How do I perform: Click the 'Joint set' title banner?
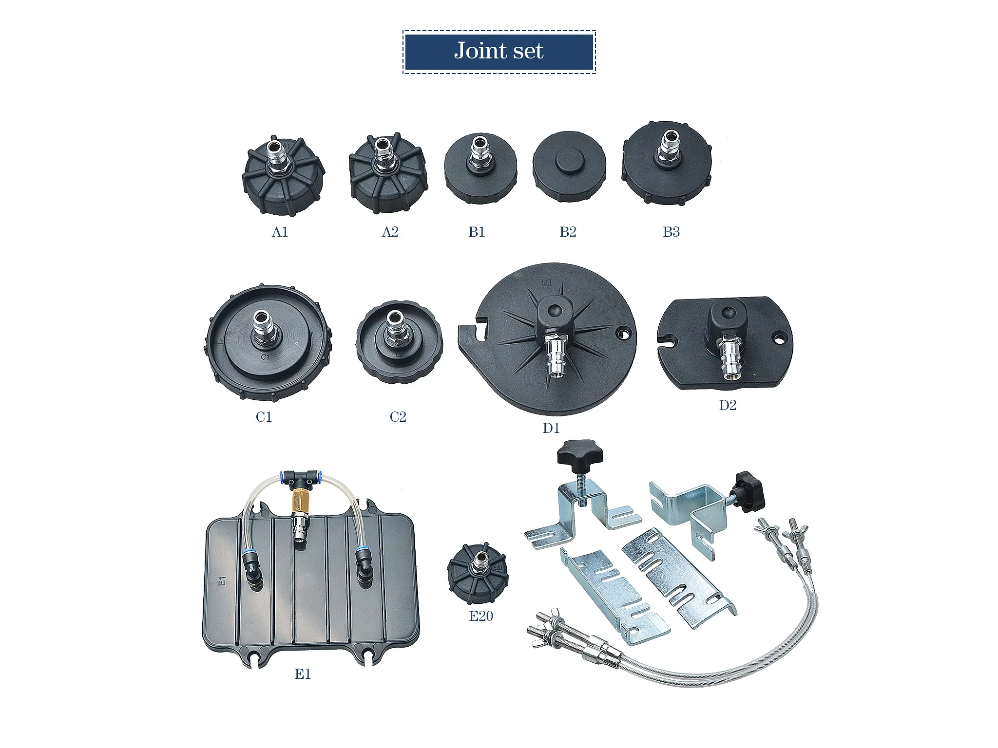pos(499,52)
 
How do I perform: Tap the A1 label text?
pos(280,232)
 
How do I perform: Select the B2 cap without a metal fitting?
pos(569,166)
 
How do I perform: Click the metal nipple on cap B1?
pos(479,153)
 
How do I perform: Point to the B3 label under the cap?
pos(671,232)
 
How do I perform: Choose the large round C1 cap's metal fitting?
pos(264,328)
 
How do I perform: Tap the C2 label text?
pos(398,417)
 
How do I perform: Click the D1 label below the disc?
pos(551,428)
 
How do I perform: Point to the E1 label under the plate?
pos(303,674)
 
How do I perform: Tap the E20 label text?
pos(481,616)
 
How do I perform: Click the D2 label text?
pos(728,405)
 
